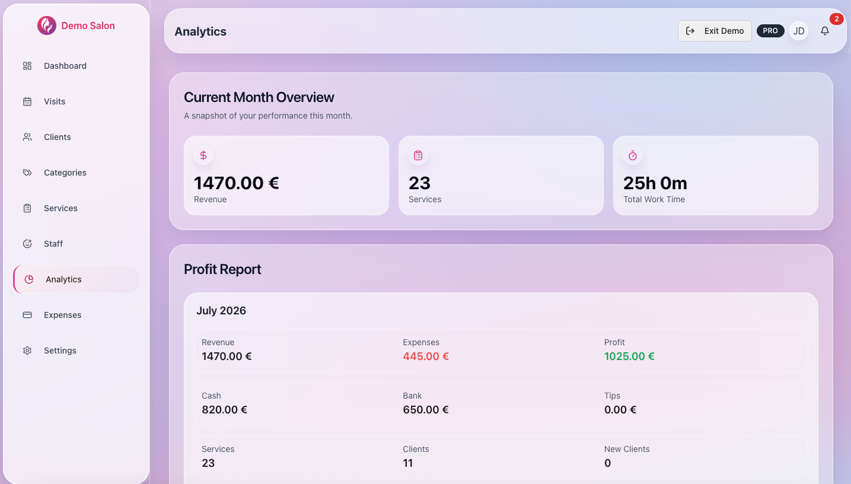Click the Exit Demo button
(x=715, y=31)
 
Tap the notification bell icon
(x=825, y=31)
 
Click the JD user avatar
(x=799, y=31)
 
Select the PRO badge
(x=770, y=31)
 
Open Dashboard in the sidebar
(x=65, y=66)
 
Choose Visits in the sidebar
(x=55, y=101)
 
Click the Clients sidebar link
(x=57, y=137)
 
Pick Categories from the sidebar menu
(x=65, y=173)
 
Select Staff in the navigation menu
(x=53, y=244)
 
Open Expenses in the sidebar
(x=62, y=315)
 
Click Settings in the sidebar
(x=60, y=351)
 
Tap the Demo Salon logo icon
(x=47, y=26)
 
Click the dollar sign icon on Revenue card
(x=203, y=155)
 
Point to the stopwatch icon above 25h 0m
(x=633, y=155)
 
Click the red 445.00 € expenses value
(x=426, y=356)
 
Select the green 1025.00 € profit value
(x=629, y=356)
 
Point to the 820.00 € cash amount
(x=224, y=409)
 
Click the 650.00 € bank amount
(x=426, y=409)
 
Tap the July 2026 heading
(x=221, y=311)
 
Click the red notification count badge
(x=836, y=18)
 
